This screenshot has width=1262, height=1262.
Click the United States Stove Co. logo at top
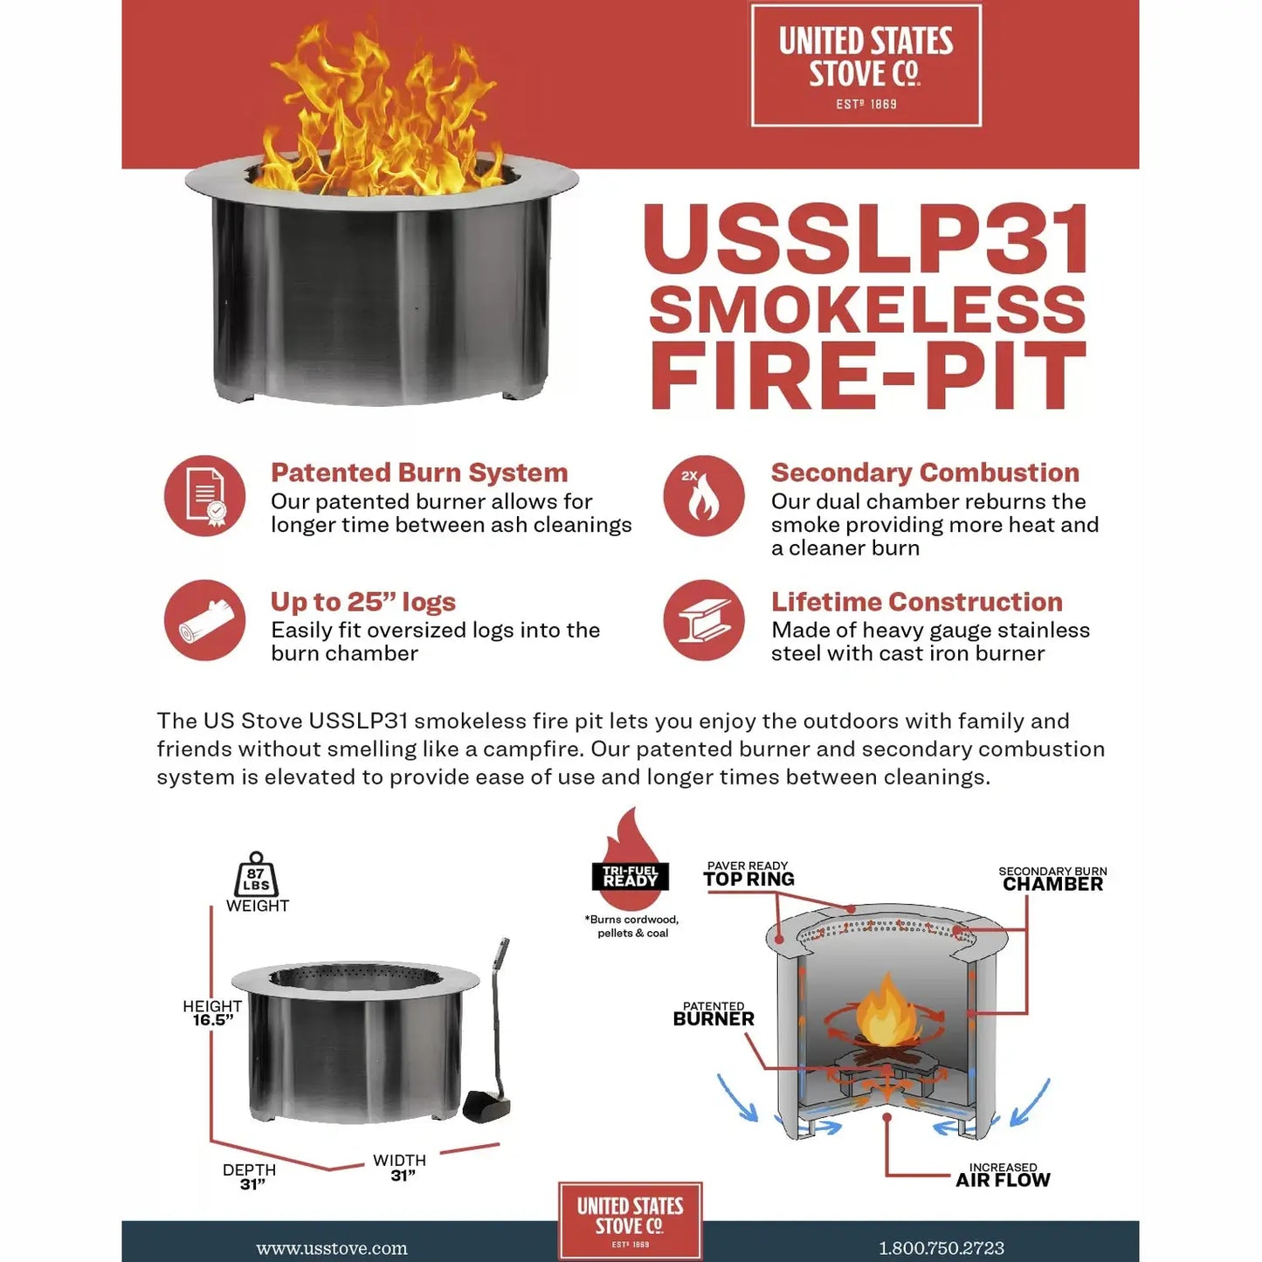tap(865, 66)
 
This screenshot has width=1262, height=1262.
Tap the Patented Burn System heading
tap(419, 472)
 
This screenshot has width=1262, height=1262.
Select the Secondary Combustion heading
tap(925, 472)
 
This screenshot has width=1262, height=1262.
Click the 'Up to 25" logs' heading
tap(362, 602)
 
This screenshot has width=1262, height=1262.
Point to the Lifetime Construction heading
tap(916, 602)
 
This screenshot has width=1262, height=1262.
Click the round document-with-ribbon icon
tap(205, 496)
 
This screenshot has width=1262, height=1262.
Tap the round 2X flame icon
tap(703, 496)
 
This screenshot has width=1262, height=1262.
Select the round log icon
tap(205, 620)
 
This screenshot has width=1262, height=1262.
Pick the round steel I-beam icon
tap(703, 620)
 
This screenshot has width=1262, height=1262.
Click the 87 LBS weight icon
tap(256, 876)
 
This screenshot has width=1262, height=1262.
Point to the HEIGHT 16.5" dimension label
tap(212, 1013)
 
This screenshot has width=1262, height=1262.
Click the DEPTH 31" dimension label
tap(250, 1176)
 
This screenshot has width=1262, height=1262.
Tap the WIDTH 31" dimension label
tap(400, 1168)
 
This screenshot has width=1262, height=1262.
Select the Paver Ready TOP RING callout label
tap(748, 874)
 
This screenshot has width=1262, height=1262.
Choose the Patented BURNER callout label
tap(714, 1014)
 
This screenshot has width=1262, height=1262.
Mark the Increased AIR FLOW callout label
tap(1003, 1176)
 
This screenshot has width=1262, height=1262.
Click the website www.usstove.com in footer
tap(332, 1249)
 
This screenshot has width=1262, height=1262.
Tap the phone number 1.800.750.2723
tap(941, 1249)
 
